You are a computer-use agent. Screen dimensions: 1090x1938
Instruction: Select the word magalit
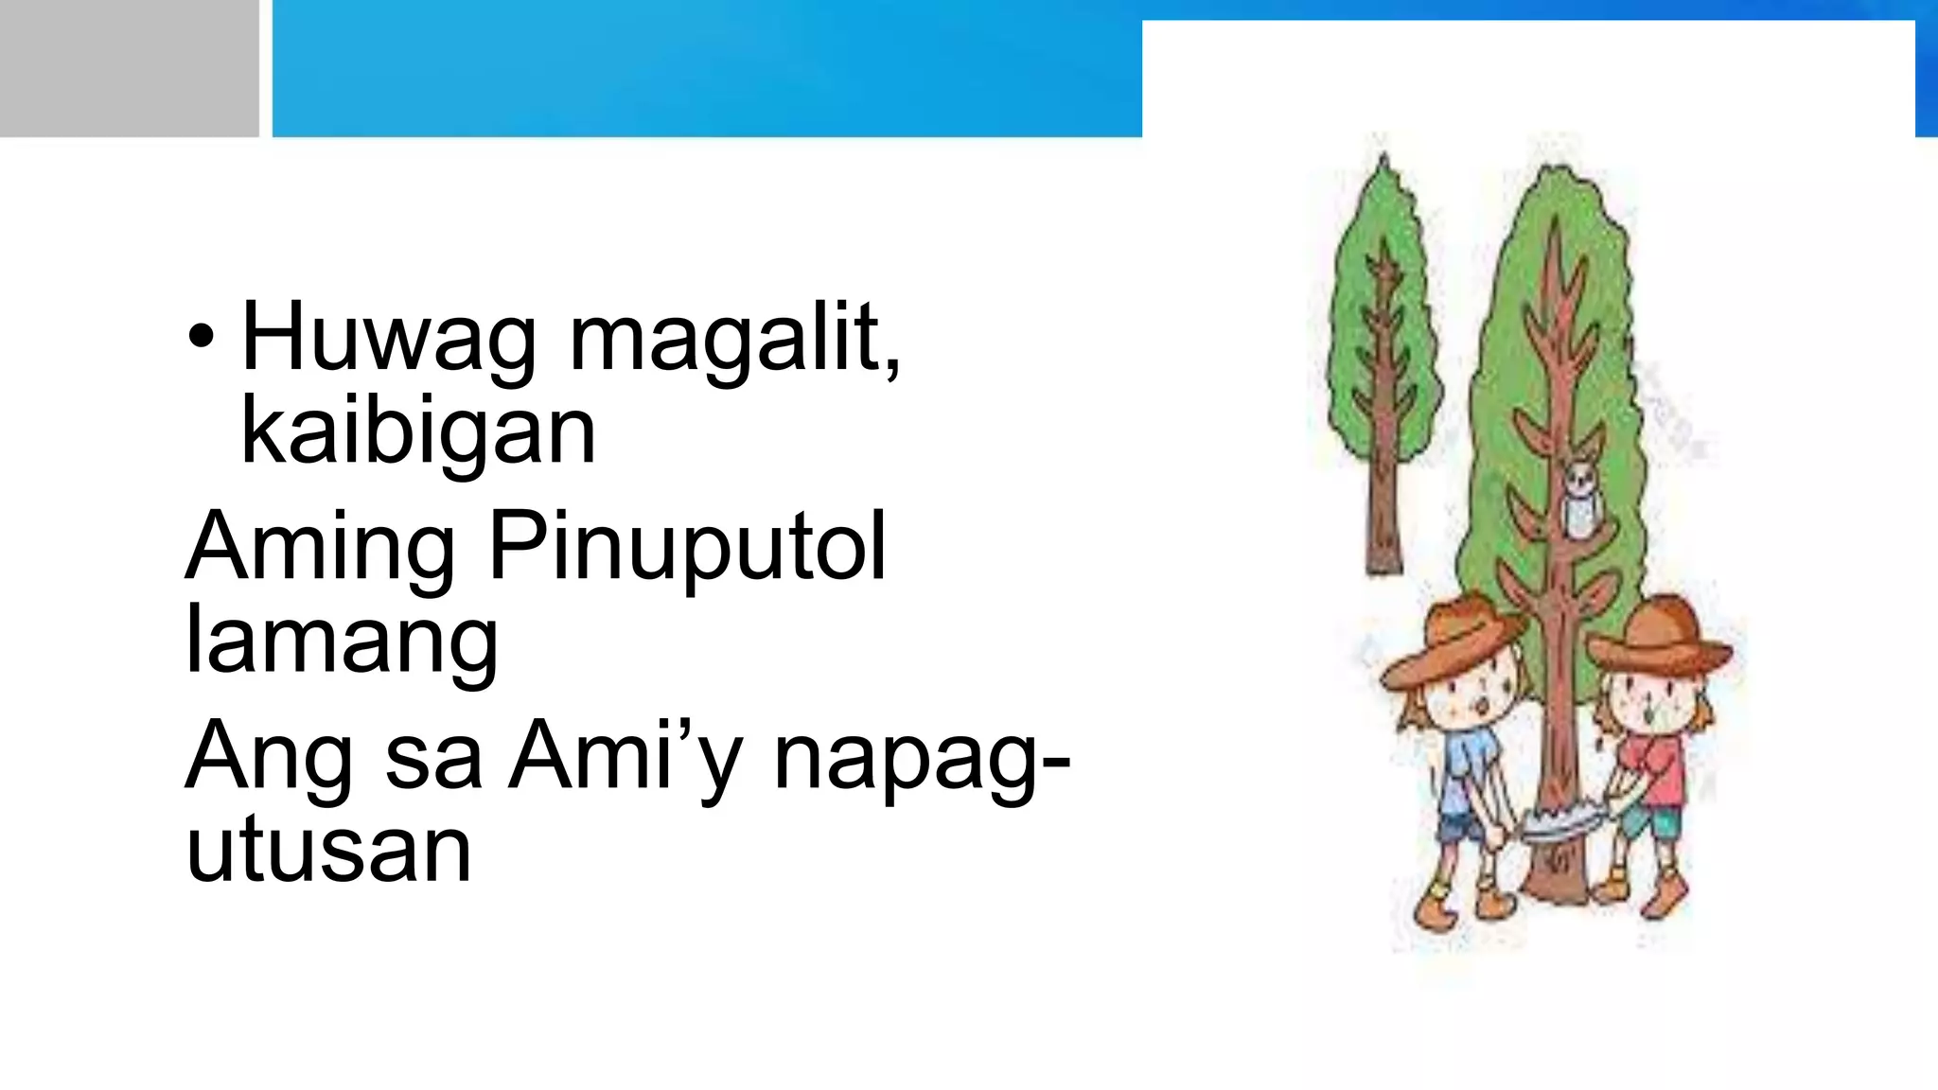coord(734,339)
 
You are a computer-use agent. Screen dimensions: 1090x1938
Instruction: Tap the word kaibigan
coord(418,431)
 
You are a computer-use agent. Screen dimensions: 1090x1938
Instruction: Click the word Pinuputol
coord(688,548)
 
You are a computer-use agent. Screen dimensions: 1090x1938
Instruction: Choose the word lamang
coord(342,642)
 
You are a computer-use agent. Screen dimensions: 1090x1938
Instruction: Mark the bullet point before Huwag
coord(201,337)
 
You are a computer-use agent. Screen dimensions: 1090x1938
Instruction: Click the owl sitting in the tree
coord(1577,500)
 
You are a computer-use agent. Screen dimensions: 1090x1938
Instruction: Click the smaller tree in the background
coord(1383,360)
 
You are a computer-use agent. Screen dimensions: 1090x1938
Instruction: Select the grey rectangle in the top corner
coord(129,68)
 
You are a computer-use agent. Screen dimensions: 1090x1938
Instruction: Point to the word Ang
coord(268,757)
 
